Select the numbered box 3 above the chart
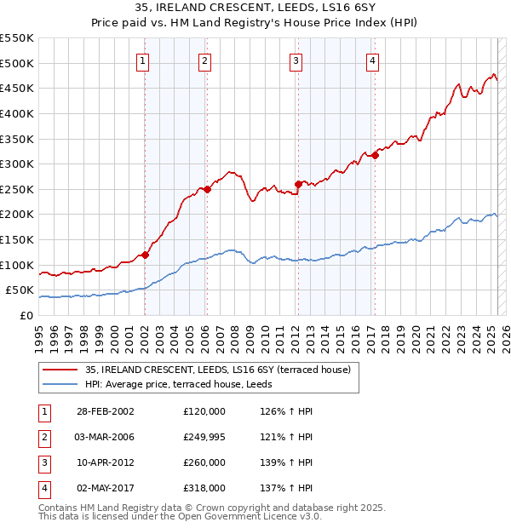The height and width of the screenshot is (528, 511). click(295, 60)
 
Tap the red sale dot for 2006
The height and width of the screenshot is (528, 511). click(207, 189)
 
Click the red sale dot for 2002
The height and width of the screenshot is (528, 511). click(145, 255)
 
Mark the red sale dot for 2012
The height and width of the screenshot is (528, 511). click(298, 184)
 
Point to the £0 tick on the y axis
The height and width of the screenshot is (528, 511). click(26, 315)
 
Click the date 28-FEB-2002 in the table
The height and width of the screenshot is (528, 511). click(105, 411)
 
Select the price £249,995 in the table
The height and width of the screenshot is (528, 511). click(204, 437)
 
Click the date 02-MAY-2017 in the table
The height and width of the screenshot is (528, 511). click(105, 489)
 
